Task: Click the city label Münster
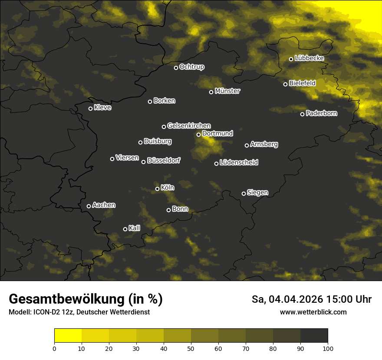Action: (x=227, y=91)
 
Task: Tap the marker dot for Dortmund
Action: (x=198, y=134)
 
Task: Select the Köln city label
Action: (x=168, y=188)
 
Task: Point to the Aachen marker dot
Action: (x=89, y=206)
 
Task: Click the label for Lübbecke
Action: (x=310, y=58)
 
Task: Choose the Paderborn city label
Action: (x=322, y=113)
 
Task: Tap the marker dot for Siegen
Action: (x=244, y=193)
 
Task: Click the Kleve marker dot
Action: (x=90, y=108)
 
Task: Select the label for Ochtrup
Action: (x=192, y=67)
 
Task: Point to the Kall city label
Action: (x=135, y=228)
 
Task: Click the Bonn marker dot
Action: (x=168, y=210)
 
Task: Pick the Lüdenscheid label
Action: (x=239, y=163)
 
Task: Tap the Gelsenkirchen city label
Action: (x=189, y=126)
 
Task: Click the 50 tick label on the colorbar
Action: (x=191, y=348)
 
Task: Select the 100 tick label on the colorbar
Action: (x=328, y=348)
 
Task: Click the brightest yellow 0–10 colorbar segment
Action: (x=68, y=335)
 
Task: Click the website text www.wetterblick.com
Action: (x=313, y=312)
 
